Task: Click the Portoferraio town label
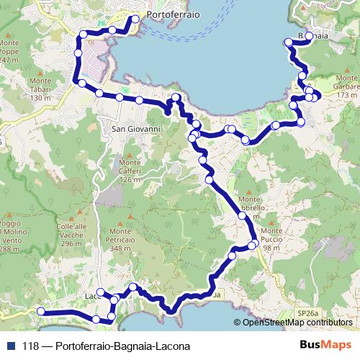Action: click(173, 14)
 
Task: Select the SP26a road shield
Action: click(307, 314)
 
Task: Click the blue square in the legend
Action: click(12, 346)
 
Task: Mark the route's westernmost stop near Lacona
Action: click(41, 311)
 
